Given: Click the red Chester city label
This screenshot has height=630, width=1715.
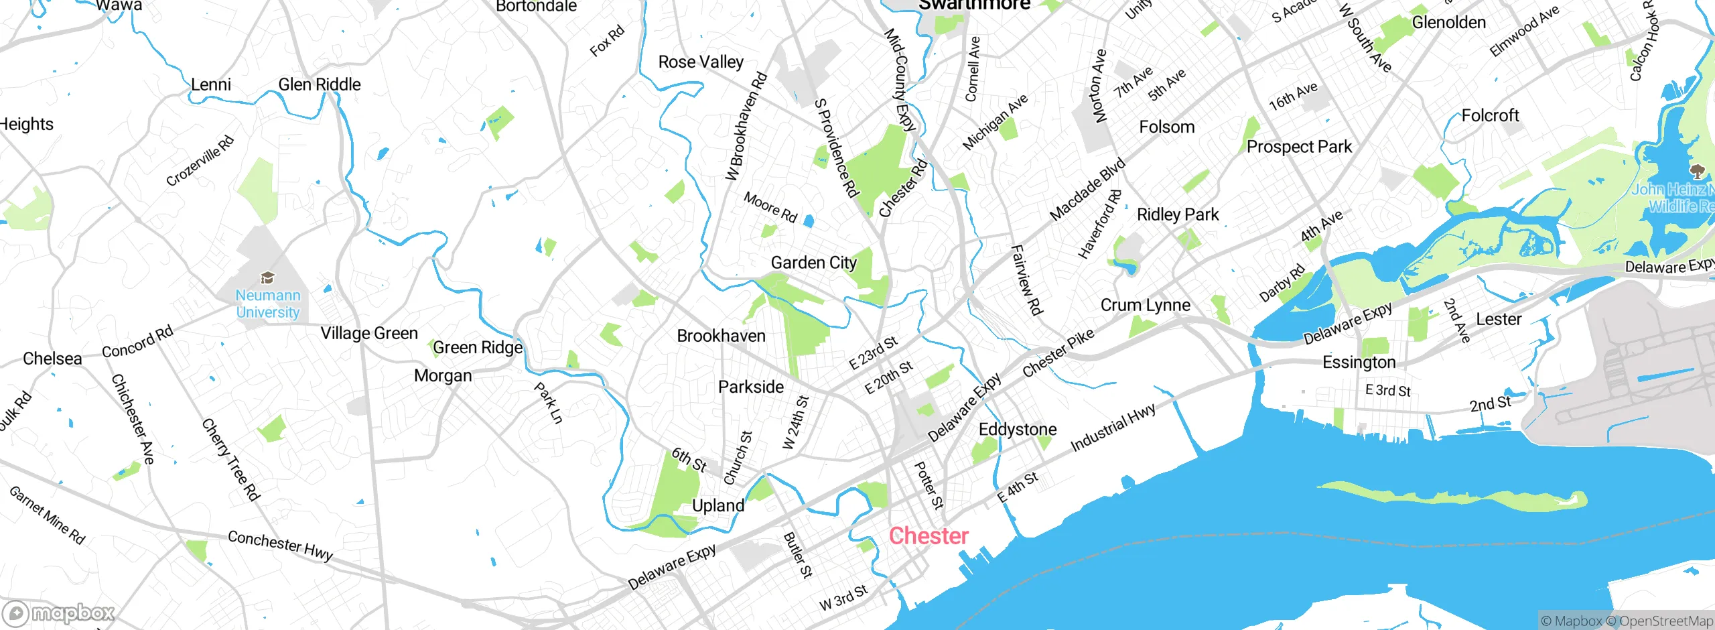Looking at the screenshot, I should (x=929, y=536).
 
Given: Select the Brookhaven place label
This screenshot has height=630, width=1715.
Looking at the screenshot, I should (x=721, y=336).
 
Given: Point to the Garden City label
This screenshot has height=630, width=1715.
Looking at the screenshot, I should (x=813, y=263).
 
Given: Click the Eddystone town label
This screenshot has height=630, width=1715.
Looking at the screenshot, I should (x=1018, y=430).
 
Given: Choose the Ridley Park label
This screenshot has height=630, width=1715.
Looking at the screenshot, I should (x=1178, y=214).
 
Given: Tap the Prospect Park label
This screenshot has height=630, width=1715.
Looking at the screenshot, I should (x=1299, y=147).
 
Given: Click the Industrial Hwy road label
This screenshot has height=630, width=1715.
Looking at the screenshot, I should (x=1113, y=428).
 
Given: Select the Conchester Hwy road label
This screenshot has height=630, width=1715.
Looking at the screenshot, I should (x=280, y=545).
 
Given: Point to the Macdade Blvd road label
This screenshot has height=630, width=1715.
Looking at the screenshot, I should (x=1087, y=190).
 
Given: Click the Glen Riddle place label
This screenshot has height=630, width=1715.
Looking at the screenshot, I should (x=319, y=84).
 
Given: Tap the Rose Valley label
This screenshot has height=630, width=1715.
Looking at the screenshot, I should (x=701, y=62).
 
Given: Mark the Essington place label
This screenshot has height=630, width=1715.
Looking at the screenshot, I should (x=1359, y=363).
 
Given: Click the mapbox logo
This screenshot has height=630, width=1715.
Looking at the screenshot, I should (x=59, y=613).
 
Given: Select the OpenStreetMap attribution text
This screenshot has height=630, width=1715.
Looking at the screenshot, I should (x=1665, y=621).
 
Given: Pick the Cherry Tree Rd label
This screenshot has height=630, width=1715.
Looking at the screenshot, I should (x=230, y=460).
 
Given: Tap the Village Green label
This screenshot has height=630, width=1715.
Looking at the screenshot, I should (x=368, y=333).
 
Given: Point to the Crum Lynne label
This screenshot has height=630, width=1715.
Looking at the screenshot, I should (x=1146, y=306).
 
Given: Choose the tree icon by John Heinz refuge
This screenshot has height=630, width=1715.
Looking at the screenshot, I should (x=1697, y=170).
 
